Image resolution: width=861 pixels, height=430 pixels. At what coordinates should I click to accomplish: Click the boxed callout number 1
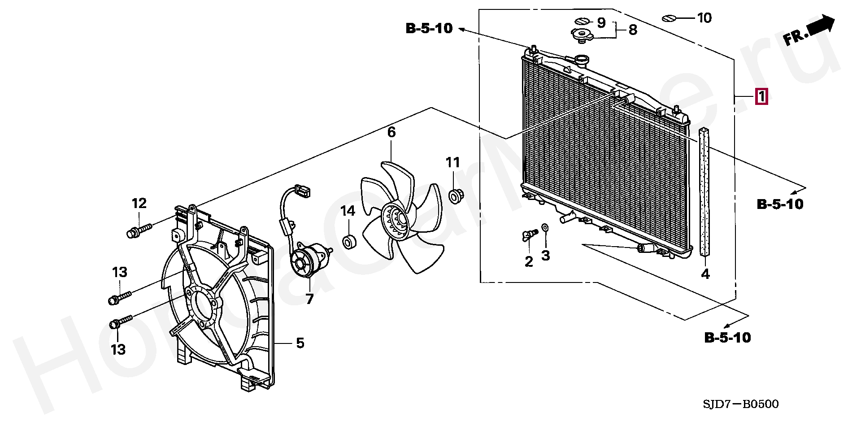(x=761, y=97)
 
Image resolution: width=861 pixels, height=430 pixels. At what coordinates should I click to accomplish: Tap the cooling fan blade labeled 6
(x=399, y=218)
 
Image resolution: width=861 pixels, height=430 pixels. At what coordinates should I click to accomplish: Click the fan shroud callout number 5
(x=300, y=343)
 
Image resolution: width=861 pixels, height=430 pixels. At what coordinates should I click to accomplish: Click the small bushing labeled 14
(x=349, y=243)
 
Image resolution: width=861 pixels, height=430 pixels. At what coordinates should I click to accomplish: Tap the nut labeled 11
(x=456, y=195)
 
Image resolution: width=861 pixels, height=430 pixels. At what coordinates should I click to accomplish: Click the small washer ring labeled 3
(x=545, y=228)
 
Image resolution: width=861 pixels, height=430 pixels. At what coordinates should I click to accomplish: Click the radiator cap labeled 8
(x=583, y=35)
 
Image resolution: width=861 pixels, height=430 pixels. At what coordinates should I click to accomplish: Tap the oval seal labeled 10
(x=669, y=18)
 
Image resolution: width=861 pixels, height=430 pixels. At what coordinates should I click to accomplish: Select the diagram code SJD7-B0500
(x=740, y=404)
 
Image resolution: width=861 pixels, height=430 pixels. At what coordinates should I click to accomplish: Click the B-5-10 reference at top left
(x=429, y=28)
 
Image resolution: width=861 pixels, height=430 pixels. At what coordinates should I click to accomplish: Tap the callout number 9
(x=601, y=22)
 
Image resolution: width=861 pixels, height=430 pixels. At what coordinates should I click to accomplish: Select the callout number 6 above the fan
(x=391, y=132)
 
